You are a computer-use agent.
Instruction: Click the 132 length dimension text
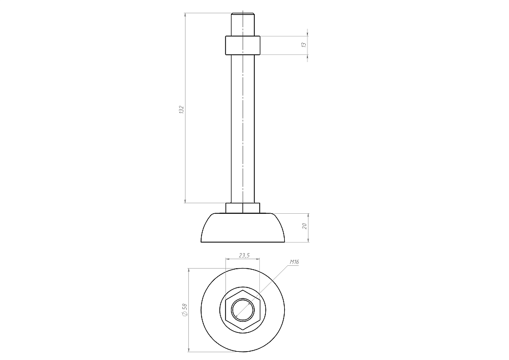[x=182, y=110]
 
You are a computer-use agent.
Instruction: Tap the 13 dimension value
[x=304, y=45]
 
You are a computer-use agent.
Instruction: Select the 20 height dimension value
[x=305, y=226]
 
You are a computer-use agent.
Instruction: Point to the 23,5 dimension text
[x=244, y=255]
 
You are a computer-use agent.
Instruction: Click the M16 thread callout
[x=294, y=261]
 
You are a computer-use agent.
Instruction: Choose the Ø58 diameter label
[x=184, y=310]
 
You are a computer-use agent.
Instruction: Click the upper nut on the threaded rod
[x=243, y=45]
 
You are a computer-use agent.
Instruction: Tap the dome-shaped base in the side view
[x=243, y=228]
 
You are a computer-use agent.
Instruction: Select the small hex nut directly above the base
[x=243, y=208]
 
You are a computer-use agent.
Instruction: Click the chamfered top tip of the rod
[x=243, y=14]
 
